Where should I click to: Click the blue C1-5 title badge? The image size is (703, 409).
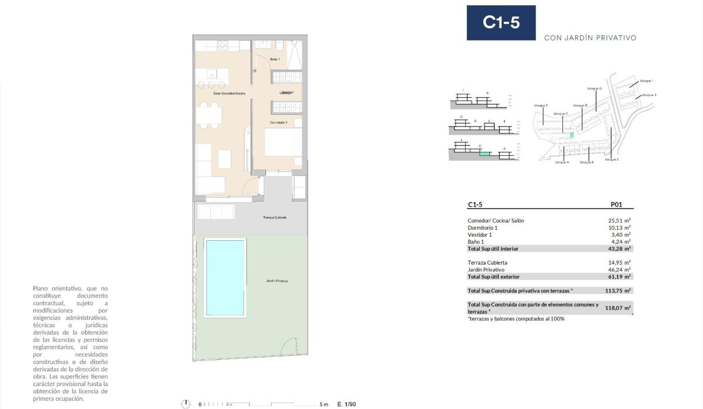coord(501,23)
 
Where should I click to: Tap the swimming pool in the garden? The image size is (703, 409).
coord(225,277)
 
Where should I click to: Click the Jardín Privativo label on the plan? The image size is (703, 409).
coord(277,281)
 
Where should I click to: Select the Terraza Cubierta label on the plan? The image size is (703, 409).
coord(275,217)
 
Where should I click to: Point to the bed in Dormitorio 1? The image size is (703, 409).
coord(283,142)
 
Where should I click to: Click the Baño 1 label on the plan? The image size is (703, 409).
coord(275,60)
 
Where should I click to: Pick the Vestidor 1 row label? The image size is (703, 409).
coord(481,234)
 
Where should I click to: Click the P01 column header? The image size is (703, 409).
coord(616,205)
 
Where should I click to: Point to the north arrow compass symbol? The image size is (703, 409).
coord(186,404)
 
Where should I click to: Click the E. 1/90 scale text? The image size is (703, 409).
coord(347,404)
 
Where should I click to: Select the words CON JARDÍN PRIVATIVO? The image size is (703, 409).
coord(590,38)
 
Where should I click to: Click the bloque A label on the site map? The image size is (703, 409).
coord(561,162)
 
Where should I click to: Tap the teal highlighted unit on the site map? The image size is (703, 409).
coord(572,135)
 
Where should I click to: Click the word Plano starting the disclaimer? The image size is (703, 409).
coord(41,288)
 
